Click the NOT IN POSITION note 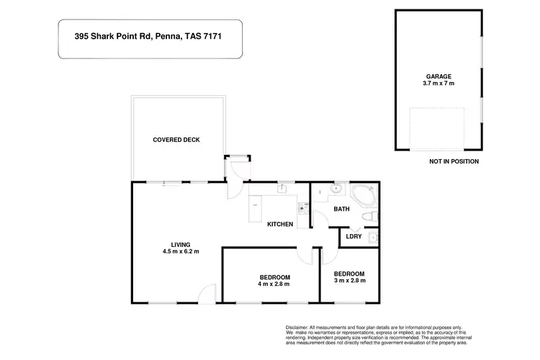[x=453, y=161]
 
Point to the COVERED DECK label [x=176, y=140]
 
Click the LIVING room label [x=180, y=245]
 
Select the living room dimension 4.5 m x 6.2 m [x=180, y=252]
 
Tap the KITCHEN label [x=280, y=225]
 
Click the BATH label [x=341, y=210]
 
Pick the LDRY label [x=354, y=236]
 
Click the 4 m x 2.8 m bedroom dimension [x=274, y=285]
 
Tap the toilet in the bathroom [x=367, y=217]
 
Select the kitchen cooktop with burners [x=304, y=210]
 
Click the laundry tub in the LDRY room [x=372, y=237]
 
